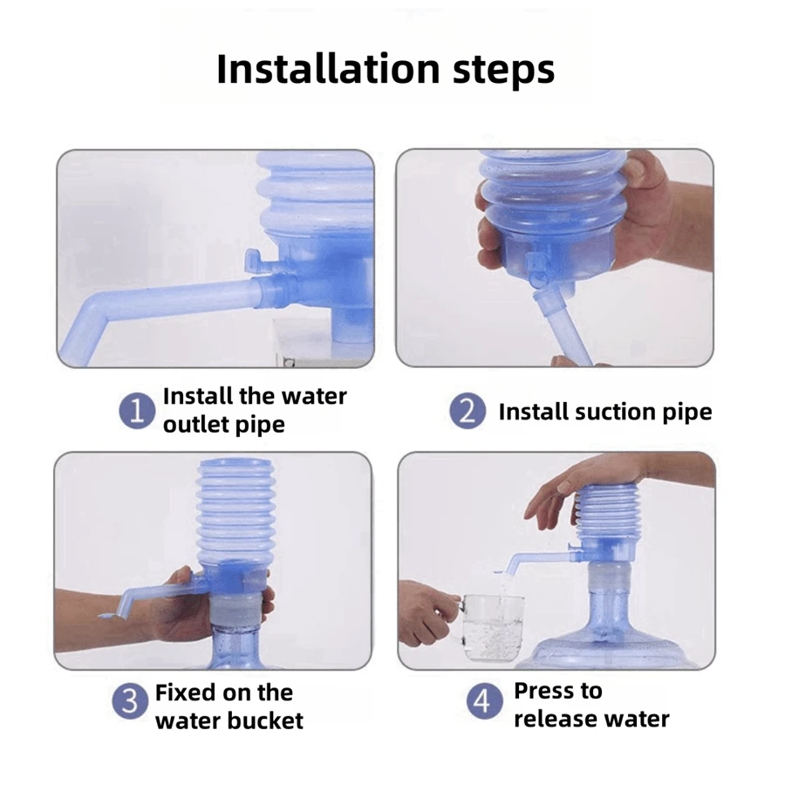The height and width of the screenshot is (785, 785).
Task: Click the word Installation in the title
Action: [x=328, y=69]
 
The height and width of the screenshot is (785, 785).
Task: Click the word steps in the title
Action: [x=503, y=72]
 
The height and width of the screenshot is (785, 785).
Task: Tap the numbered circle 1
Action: [x=137, y=411]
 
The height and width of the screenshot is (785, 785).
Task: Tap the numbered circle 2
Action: [x=468, y=411]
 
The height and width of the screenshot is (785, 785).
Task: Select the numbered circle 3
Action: [x=130, y=701]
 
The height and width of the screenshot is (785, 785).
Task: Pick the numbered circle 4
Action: [x=483, y=701]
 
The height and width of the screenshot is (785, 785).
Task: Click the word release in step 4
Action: [x=553, y=720]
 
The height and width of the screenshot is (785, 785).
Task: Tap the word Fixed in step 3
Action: [x=186, y=693]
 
